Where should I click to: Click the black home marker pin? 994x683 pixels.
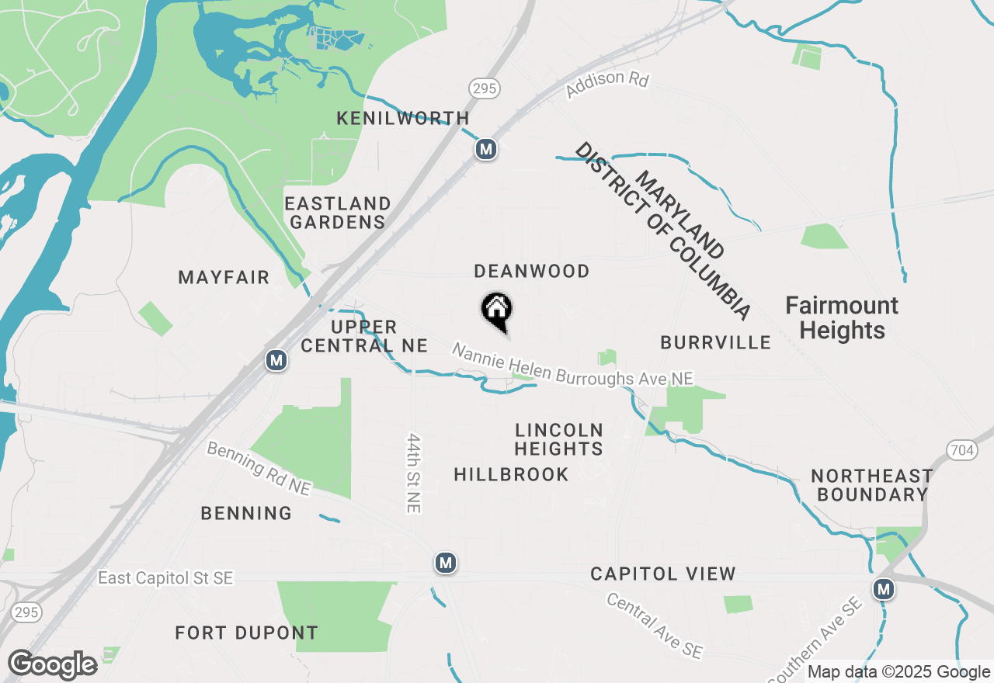tap(497, 310)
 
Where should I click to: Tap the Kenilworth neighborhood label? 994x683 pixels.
tap(402, 119)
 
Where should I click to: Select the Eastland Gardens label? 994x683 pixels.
tap(337, 213)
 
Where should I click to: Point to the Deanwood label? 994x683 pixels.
tap(532, 271)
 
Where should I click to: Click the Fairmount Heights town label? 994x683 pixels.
tap(842, 317)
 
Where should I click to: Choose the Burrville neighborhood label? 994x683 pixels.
tap(715, 342)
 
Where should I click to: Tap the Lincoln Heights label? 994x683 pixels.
tap(558, 439)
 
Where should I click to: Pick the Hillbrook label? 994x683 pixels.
tap(511, 474)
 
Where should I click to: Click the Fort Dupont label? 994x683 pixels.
tap(246, 633)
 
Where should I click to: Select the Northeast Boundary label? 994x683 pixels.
tap(872, 484)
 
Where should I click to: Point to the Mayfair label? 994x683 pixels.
tap(224, 277)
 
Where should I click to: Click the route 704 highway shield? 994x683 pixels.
tap(961, 449)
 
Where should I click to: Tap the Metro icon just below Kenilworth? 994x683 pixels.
tap(486, 149)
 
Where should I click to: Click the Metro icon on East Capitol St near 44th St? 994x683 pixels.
tap(445, 563)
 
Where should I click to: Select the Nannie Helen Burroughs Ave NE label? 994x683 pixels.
tap(572, 365)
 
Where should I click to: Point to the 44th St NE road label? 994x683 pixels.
tap(412, 472)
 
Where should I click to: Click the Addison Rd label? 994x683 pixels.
tap(606, 85)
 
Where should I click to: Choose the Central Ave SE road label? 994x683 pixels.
tap(655, 626)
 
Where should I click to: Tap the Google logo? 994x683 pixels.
tap(52, 664)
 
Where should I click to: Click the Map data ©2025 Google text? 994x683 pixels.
tap(899, 672)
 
